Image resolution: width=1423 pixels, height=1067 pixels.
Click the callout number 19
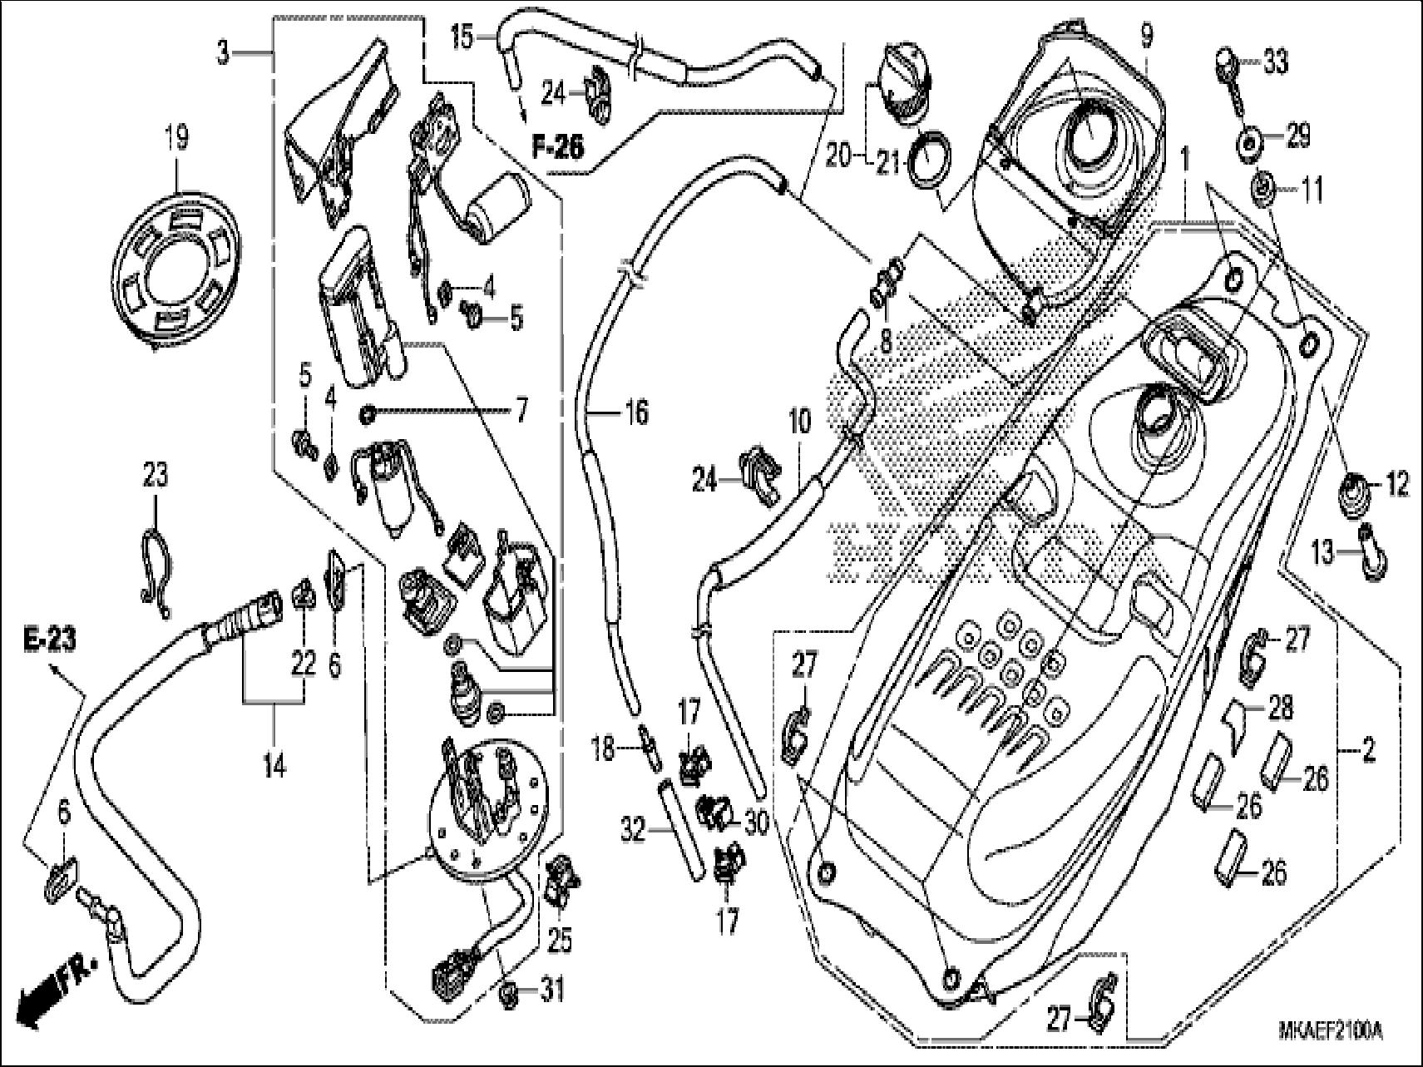(175, 137)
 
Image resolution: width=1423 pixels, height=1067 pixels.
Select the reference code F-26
(558, 147)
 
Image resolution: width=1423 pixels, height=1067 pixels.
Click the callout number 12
(1397, 483)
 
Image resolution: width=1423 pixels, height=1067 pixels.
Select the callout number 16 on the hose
(635, 412)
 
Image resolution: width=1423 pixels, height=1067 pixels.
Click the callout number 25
(560, 940)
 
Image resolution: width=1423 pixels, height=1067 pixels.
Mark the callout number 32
(634, 829)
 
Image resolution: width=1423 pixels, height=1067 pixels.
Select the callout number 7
(521, 412)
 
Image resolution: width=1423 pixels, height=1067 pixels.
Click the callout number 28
(1281, 709)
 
